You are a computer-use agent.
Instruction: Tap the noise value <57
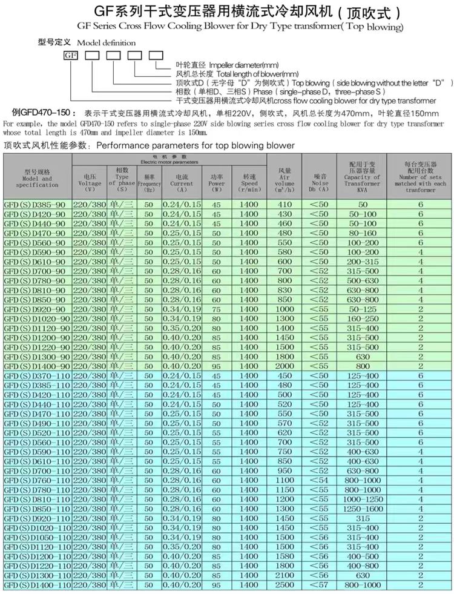coord(320,585)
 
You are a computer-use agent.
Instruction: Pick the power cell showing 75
coord(216,309)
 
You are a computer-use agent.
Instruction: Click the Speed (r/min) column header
coord(248,180)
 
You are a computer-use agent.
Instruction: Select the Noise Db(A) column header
coord(320,180)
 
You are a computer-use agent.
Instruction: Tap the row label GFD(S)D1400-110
coord(38,585)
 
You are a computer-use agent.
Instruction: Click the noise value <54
coord(320,480)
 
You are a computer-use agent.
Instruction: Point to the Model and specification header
coord(38,178)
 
